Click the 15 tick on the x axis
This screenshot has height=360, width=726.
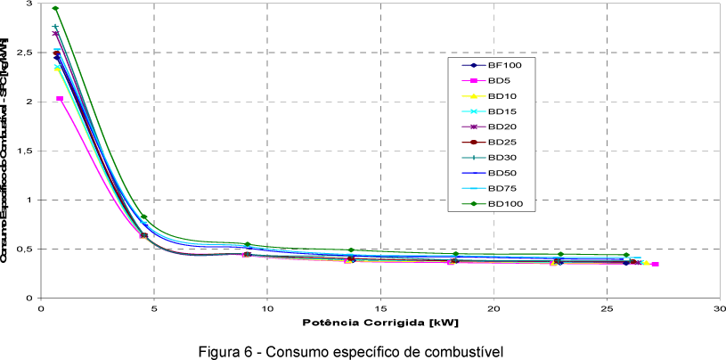(x=380, y=308)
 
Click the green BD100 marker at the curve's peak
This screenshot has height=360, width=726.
(x=55, y=9)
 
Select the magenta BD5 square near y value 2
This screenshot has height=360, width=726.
(x=60, y=99)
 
